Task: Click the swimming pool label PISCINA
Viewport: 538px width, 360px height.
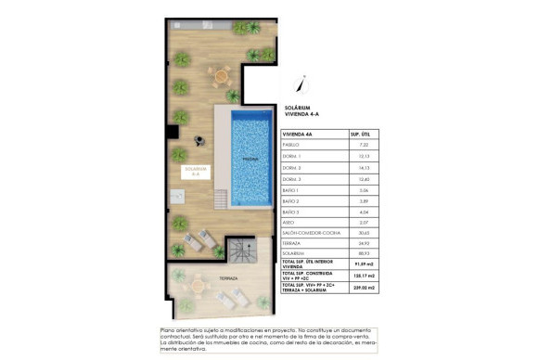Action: [250, 159]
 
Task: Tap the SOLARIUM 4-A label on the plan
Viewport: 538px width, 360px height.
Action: [196, 170]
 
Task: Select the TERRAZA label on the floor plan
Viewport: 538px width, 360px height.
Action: [203, 278]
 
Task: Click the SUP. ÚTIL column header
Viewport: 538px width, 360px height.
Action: [364, 134]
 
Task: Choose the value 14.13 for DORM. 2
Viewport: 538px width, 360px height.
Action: [364, 168]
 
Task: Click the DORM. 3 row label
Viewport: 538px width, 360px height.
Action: [292, 179]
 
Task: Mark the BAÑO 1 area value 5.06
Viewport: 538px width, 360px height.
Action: [364, 190]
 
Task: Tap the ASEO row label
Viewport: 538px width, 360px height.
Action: [289, 224]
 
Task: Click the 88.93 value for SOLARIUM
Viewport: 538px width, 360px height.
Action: [364, 257]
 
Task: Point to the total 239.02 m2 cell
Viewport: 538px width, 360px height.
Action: [364, 289]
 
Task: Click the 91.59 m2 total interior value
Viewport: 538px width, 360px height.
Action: [364, 267]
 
